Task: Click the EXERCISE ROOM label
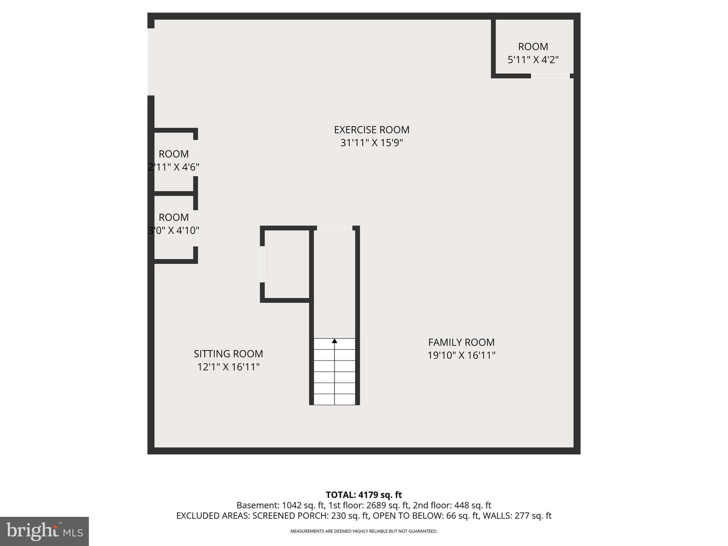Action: pos(371,130)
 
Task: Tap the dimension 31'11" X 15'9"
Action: pos(371,143)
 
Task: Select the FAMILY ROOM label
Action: pos(461,342)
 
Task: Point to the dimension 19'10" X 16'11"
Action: pos(461,355)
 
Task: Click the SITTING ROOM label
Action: pos(228,354)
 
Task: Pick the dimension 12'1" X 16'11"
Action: pos(228,367)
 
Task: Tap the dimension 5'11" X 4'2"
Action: pos(533,60)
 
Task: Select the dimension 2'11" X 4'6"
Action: pos(173,167)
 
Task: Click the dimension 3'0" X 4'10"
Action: pos(173,231)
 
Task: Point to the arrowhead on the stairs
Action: pos(334,341)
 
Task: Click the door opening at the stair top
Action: pos(334,228)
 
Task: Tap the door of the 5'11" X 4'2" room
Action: pos(550,76)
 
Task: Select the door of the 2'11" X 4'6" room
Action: pos(196,158)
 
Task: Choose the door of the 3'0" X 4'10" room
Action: pos(196,228)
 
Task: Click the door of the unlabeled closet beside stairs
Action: pos(262,264)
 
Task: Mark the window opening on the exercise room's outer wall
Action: pos(151,62)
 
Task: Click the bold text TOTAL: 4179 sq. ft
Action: pos(364,495)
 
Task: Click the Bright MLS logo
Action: pos(44,531)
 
